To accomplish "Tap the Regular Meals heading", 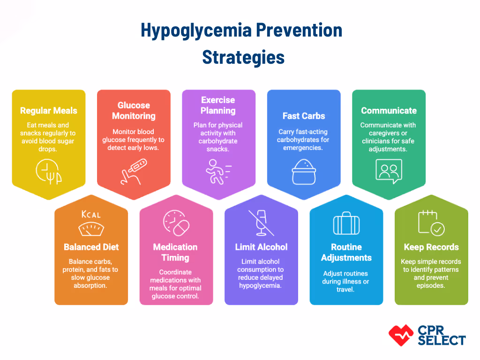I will point(49,111).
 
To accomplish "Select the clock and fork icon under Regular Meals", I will point(48,172).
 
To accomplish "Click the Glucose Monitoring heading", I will point(134,111).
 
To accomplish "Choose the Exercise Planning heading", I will point(218,105).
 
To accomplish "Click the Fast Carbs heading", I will point(304,116).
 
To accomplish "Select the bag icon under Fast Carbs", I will point(303,171).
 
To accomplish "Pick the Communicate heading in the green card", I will point(389,111).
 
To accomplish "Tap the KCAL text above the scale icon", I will point(91,215).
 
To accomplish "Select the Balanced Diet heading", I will point(91,247).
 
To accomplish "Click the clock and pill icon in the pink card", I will point(176,224).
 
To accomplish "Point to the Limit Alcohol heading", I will point(261,247).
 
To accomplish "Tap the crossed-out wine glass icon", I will point(261,223).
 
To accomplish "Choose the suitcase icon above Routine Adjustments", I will point(346,223).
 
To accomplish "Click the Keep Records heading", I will point(431,247).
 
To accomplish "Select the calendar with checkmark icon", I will point(431,223).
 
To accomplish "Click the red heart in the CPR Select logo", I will point(401,334).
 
